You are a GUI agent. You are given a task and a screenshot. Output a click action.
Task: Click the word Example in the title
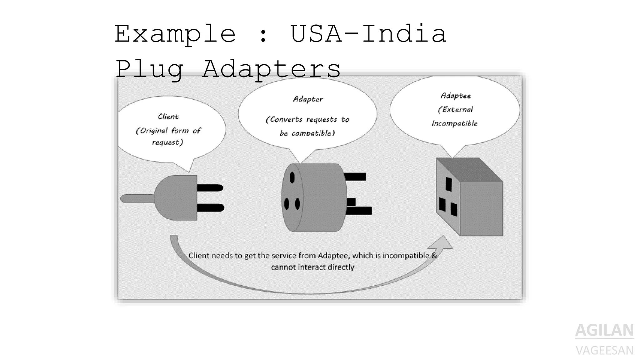pos(175,34)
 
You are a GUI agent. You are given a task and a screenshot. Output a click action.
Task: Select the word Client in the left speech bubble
pos(168,117)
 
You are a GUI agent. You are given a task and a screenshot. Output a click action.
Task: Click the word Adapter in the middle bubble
pos(308,99)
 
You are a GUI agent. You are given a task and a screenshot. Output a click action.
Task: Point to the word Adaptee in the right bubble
pos(456,96)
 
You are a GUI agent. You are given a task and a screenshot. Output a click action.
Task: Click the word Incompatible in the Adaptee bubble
pos(455,123)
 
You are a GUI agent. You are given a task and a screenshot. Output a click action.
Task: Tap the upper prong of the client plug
pos(210,188)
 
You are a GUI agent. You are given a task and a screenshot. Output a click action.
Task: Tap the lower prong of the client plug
pos(210,207)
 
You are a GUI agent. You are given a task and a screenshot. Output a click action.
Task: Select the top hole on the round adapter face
pos(292,178)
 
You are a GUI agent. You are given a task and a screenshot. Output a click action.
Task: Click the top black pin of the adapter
pos(355,177)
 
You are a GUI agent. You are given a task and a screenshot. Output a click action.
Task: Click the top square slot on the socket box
pos(449,184)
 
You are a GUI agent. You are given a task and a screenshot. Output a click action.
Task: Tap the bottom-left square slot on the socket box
pos(442,205)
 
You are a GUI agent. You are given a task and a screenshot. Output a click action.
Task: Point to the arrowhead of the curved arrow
pos(443,242)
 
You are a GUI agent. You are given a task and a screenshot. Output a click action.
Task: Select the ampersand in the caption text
pos(434,255)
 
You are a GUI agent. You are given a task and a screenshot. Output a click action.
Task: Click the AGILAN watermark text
pos(604,330)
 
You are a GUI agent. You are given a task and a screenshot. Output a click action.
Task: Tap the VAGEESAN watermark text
pos(604,350)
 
